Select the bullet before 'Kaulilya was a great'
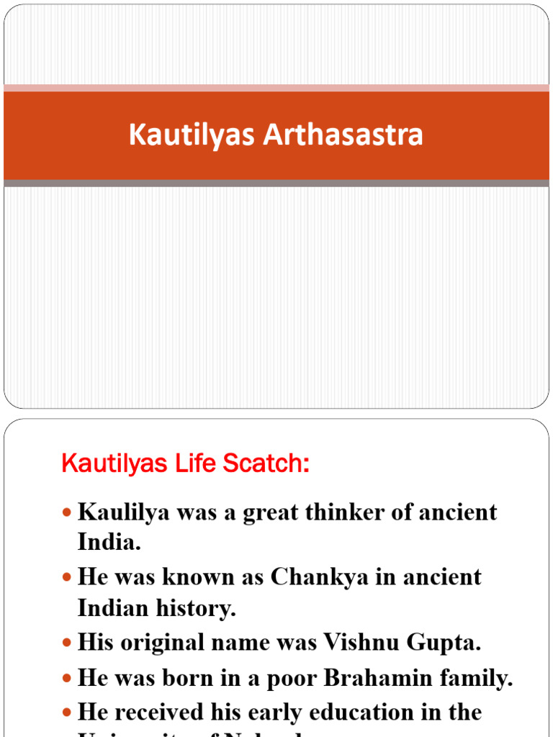pyautogui.click(x=67, y=513)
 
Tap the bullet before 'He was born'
pyautogui.click(x=67, y=678)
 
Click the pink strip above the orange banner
pyautogui.click(x=276, y=88)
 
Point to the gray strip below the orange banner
pyautogui.click(x=276, y=184)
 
